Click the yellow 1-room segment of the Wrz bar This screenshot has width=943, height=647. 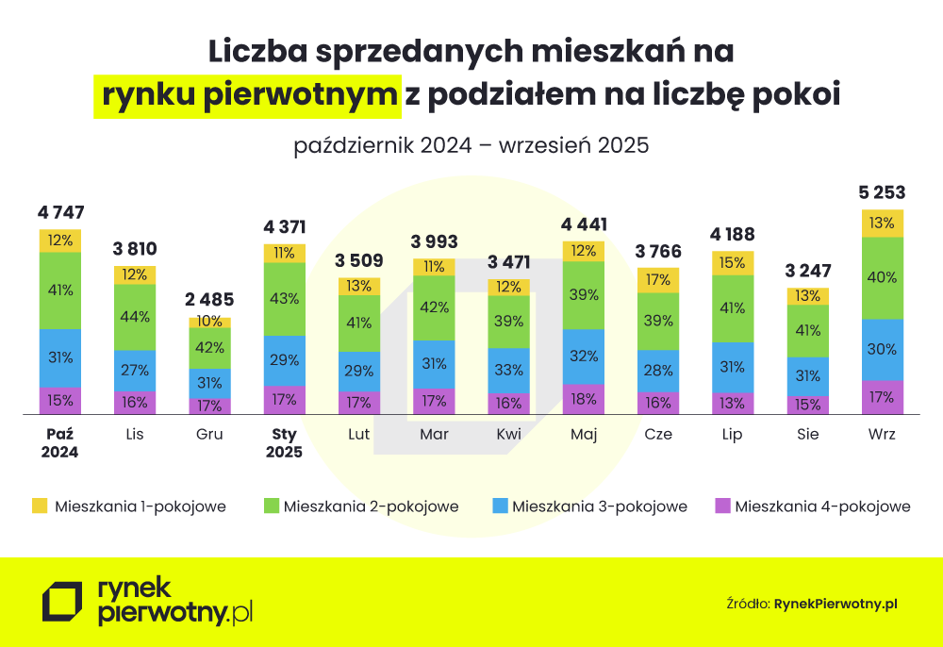pos(883,224)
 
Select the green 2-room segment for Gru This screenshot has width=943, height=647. pos(210,347)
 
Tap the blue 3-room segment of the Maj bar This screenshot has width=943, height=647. pos(584,357)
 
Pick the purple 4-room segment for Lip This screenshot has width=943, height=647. pos(733,404)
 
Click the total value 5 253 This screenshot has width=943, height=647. pos(882,193)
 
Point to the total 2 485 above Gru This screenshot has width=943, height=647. pos(209,300)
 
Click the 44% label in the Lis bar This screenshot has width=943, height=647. pos(135,317)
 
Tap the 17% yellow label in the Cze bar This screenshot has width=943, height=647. pos(658,280)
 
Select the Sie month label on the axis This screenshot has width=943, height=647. pos(807,435)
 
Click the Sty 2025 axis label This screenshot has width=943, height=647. pos(284,443)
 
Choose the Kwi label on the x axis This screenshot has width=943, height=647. pos(508,435)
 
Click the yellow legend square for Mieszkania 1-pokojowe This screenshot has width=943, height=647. pos(39,506)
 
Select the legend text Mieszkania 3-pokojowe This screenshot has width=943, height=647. pos(600,506)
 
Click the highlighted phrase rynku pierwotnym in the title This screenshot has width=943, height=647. pos(247,95)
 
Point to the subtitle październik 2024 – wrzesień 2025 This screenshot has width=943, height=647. pos(471,146)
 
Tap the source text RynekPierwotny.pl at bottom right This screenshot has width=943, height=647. pos(835,603)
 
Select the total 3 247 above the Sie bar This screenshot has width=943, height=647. pos(807,271)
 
